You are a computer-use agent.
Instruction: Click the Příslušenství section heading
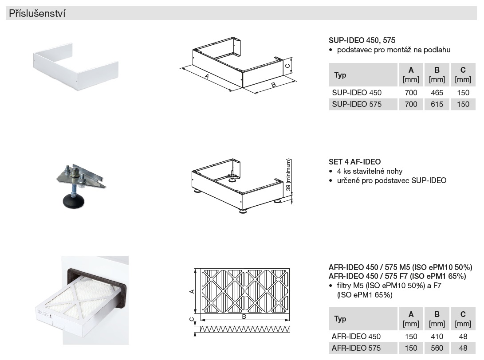click(37, 13)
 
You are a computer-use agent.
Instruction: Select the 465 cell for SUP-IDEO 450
click(437, 93)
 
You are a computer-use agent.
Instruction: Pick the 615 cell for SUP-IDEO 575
click(437, 104)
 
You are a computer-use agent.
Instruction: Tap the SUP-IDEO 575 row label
click(357, 104)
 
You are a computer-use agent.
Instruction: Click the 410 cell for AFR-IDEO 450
click(437, 337)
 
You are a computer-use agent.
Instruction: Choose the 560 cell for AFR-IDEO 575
click(437, 348)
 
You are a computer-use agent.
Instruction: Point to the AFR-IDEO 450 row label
click(356, 337)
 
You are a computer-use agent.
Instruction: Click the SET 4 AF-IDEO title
click(354, 162)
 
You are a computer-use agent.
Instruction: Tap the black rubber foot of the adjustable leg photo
click(74, 200)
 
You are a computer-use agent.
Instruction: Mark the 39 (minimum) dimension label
click(288, 175)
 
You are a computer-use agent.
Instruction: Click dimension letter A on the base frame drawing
click(207, 76)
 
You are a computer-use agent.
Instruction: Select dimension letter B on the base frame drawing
click(273, 85)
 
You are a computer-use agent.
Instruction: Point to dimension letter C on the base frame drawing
click(287, 66)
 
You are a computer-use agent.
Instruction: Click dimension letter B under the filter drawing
click(244, 317)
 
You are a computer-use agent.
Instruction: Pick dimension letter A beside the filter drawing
click(192, 291)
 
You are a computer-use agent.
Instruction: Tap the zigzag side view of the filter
click(245, 329)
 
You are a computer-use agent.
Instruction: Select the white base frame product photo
click(75, 67)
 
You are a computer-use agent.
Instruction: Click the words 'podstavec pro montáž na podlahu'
click(393, 50)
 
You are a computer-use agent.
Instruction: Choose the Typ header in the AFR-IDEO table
click(340, 319)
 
